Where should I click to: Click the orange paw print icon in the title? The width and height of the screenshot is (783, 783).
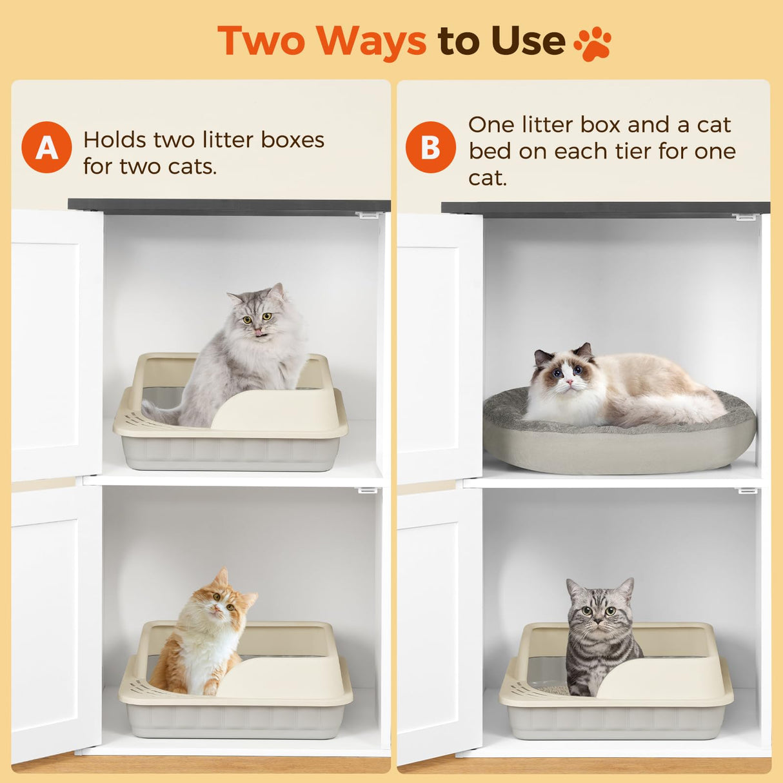pos(592,43)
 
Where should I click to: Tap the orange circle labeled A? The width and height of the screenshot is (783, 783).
pos(46,147)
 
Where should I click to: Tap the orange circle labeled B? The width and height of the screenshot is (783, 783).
pos(430,147)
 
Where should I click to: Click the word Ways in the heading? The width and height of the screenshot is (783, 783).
pos(371,41)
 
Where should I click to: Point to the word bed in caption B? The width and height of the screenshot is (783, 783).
pos(488,151)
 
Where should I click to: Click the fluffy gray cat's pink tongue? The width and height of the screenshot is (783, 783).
pos(259,333)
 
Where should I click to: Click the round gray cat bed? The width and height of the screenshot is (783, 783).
pos(619,445)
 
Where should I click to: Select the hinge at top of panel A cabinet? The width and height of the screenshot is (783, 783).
pos(368,215)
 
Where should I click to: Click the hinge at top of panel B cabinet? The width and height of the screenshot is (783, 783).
pos(745,217)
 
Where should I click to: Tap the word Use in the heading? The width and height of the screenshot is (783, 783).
pos(527,41)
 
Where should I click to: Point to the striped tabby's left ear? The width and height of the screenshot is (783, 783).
pos(573,588)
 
